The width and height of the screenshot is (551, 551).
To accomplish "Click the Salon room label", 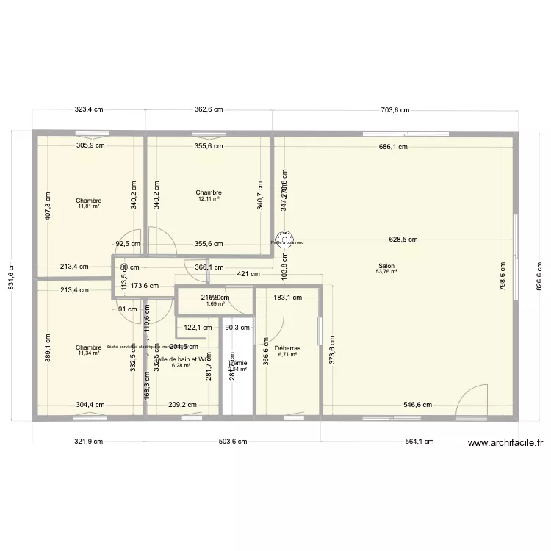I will click(386, 266).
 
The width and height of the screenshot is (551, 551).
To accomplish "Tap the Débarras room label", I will click(287, 349).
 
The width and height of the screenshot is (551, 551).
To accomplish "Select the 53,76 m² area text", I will click(386, 272).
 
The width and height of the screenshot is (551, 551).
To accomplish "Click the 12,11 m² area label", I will click(209, 199).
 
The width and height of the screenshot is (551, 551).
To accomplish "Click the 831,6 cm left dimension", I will click(11, 266).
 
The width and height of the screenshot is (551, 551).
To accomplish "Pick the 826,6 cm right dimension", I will click(539, 266).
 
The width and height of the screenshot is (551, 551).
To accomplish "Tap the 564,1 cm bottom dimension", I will click(419, 442).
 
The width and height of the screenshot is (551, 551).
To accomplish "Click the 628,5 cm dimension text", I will click(403, 240).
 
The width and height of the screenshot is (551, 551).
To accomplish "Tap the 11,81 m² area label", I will click(88, 206).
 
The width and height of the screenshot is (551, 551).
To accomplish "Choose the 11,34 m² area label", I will click(88, 353).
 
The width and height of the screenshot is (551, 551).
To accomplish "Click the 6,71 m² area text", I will click(287, 355).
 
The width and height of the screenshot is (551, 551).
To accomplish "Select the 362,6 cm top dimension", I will click(209, 109).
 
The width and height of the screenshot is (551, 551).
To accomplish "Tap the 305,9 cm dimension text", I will click(90, 145).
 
